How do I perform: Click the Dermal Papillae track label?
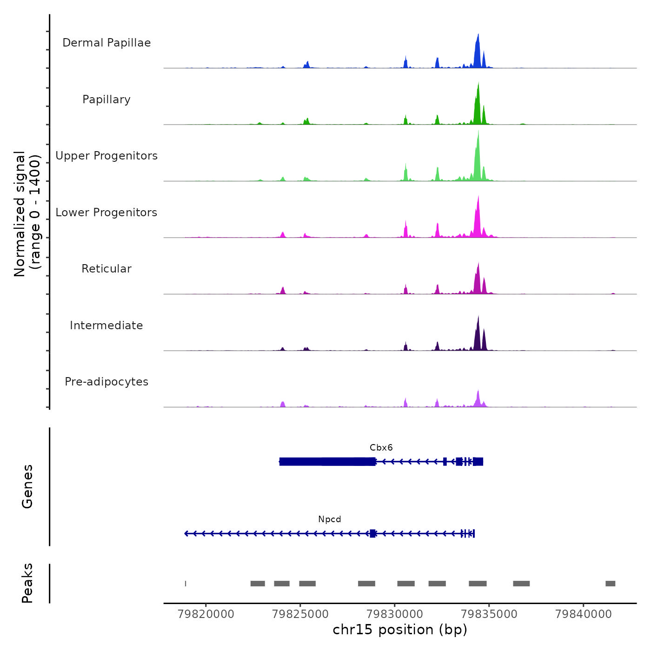point(106,43)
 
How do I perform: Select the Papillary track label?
point(106,100)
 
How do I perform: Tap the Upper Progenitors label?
point(106,156)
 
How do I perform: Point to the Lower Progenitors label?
point(106,213)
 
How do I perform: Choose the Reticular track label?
point(106,269)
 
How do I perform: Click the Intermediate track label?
point(106,325)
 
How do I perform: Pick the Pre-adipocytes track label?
point(106,382)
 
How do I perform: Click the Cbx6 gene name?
point(381,448)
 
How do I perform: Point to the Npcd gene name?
point(330,519)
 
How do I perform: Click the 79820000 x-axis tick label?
point(206,614)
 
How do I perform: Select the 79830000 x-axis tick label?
point(395,614)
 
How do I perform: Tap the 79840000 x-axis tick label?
point(584,614)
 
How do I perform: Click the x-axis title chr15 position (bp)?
point(400,630)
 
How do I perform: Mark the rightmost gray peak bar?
point(610,584)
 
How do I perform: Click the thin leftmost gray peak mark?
point(186,584)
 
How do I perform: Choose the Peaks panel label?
point(27,583)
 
